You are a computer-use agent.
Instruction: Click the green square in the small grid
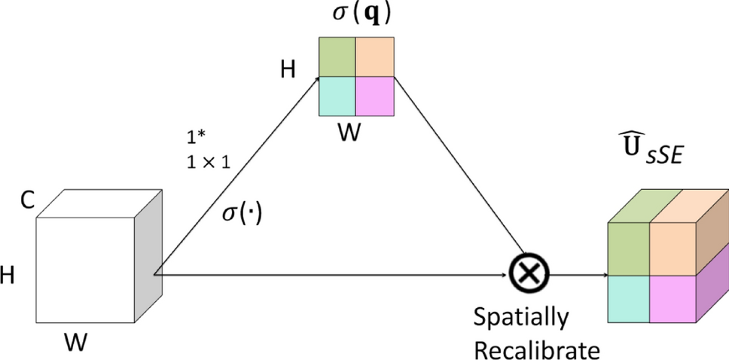(337, 57)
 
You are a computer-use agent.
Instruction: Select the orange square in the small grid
(374, 57)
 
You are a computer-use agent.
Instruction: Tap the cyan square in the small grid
(337, 96)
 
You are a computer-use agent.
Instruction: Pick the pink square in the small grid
(374, 96)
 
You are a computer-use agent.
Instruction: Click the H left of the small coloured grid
(288, 71)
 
